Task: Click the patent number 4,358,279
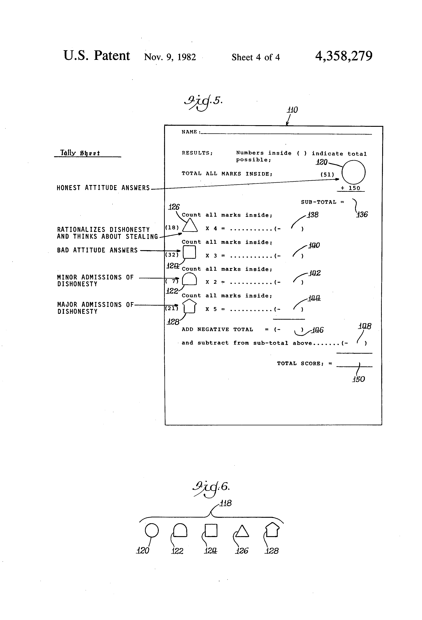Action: pos(344,56)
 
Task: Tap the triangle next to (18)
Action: pos(190,225)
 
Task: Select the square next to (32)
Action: pos(189,252)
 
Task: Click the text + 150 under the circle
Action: pos(351,188)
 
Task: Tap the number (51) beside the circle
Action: pos(327,175)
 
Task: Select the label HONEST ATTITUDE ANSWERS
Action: pos(103,188)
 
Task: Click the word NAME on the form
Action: pos(189,132)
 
